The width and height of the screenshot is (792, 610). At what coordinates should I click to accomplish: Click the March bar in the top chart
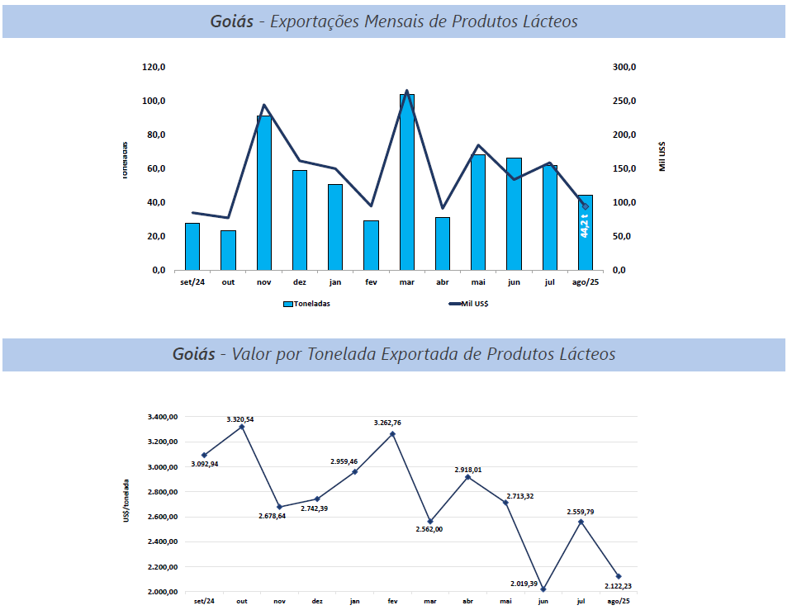point(406,182)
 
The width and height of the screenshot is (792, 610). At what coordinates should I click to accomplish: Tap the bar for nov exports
point(263,193)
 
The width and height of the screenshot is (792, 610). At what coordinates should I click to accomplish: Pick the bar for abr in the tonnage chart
point(442,244)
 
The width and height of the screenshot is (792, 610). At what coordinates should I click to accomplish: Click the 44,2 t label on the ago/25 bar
point(585,225)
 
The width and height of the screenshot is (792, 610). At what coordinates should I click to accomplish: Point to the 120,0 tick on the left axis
point(154,68)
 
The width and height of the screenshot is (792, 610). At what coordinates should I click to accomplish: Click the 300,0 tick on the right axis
point(624,68)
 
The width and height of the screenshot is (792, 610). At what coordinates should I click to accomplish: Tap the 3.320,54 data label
point(240,419)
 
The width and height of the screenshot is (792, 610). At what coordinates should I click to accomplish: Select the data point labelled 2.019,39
point(543,589)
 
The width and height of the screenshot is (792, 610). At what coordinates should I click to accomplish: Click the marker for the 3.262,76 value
point(392,433)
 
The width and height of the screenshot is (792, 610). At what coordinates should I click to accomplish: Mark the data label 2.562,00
point(429,529)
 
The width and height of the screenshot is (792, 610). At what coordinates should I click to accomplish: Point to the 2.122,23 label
point(619,586)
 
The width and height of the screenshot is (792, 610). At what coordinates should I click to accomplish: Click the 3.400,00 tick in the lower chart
point(164,417)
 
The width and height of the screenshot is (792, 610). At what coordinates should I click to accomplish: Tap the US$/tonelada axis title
point(126,499)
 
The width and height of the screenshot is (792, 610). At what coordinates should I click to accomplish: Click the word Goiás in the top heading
point(232,22)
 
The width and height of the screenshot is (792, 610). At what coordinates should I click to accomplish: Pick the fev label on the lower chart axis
point(392,601)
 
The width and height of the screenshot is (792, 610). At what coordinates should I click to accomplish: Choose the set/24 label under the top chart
point(192,281)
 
